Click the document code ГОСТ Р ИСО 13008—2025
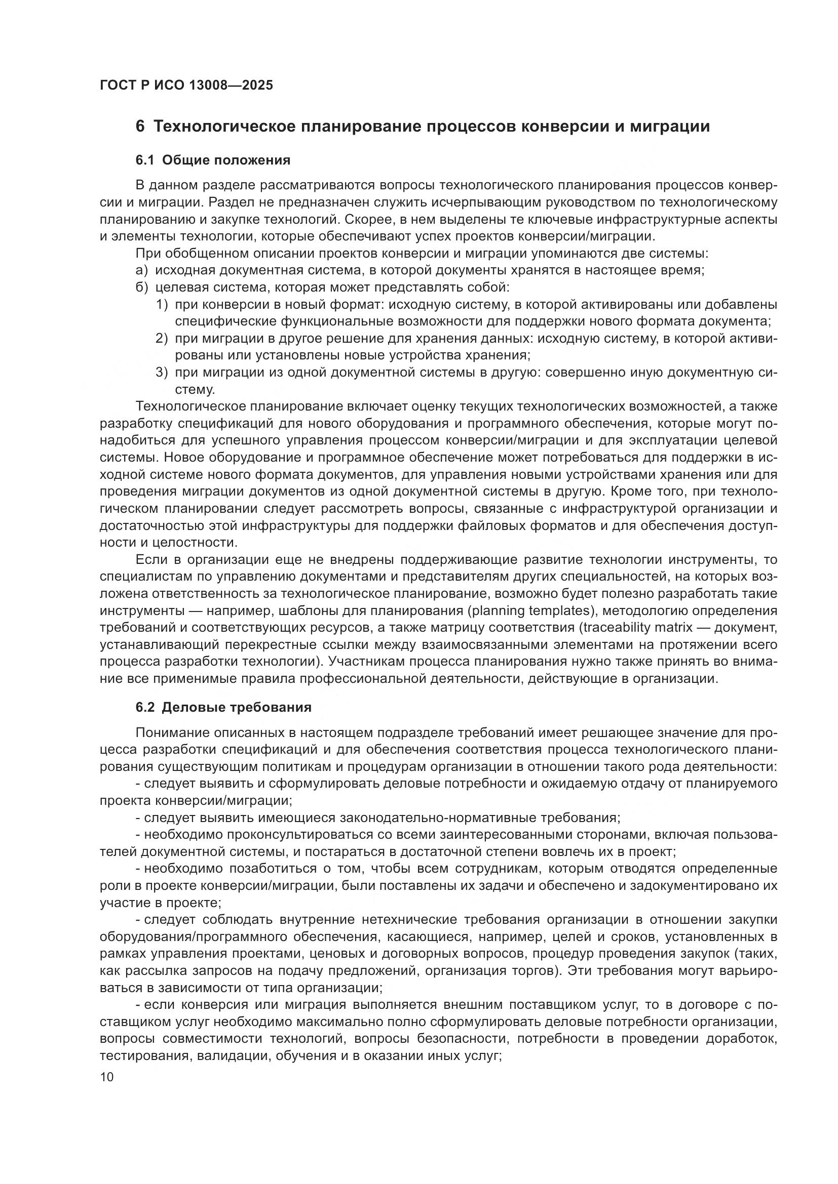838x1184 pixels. pyautogui.click(x=186, y=85)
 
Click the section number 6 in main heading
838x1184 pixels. pyautogui.click(x=140, y=127)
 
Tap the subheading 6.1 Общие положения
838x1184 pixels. pyautogui.click(x=213, y=160)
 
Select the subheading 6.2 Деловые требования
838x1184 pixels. pyautogui.click(x=223, y=707)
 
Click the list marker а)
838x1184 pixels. pyautogui.click(x=142, y=270)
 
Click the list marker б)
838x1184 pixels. pyautogui.click(x=142, y=287)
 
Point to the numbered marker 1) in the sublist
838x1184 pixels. pyautogui.click(x=162, y=304)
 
